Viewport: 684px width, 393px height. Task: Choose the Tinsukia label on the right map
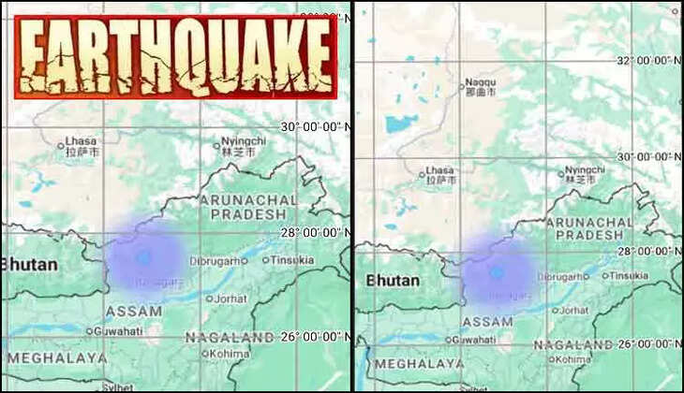point(628,276)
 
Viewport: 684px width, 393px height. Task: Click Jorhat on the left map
point(230,298)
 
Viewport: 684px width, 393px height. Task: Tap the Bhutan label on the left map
point(29,264)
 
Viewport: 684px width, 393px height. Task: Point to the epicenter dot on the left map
point(143,255)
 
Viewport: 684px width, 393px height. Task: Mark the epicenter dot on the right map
point(497,271)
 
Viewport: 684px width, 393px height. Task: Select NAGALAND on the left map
point(216,337)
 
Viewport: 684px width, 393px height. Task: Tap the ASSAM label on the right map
point(488,321)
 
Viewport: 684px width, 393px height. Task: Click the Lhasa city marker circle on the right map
point(421,173)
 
